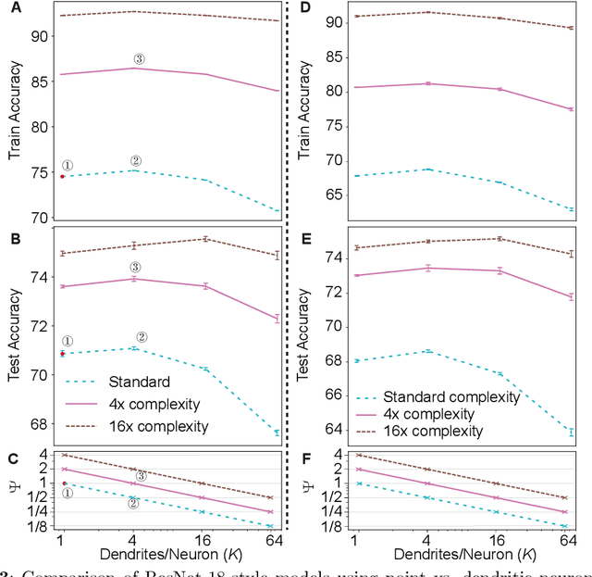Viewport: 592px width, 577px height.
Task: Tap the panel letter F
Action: tap(305, 456)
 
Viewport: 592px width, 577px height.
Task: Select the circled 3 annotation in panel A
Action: tap(139, 59)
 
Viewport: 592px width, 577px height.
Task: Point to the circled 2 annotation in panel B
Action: tap(142, 337)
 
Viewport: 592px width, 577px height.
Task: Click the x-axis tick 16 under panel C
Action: tap(204, 541)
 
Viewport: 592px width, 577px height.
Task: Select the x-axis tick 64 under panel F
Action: tap(568, 541)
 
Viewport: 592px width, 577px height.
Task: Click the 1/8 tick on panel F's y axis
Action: tap(329, 526)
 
